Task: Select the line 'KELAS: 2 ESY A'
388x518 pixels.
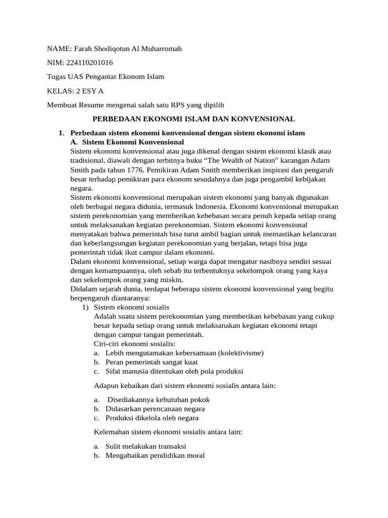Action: click(76, 91)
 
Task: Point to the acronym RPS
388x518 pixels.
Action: click(168, 105)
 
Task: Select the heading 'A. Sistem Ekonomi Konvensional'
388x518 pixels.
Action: click(127, 142)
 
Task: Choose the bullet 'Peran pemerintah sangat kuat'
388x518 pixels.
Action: click(152, 362)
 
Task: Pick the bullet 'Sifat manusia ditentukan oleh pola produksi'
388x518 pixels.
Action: click(174, 371)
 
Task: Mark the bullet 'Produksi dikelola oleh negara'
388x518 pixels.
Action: click(152, 418)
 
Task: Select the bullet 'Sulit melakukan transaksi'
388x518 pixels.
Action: click(146, 446)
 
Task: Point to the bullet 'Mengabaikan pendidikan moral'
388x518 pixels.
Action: click(155, 455)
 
